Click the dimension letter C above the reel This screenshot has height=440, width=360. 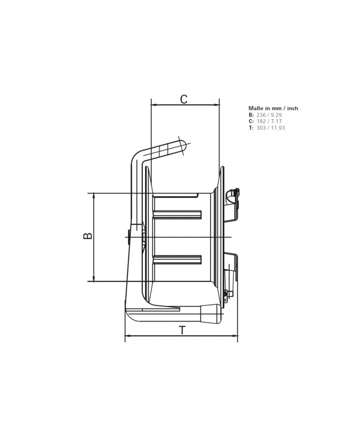coord(184,99)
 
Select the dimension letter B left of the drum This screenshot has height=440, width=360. coord(87,236)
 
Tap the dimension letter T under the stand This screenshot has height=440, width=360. coord(182,331)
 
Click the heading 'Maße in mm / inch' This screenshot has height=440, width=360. coord(274,109)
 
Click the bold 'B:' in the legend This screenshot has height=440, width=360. coord(251,115)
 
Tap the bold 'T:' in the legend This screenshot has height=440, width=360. coord(251,128)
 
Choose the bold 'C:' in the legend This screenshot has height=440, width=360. coord(251,121)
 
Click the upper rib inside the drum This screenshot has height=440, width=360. coord(177,214)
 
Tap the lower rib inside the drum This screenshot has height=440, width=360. coord(177,259)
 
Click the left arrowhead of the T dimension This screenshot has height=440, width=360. coord(128,336)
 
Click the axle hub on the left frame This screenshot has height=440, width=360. coord(129,237)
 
